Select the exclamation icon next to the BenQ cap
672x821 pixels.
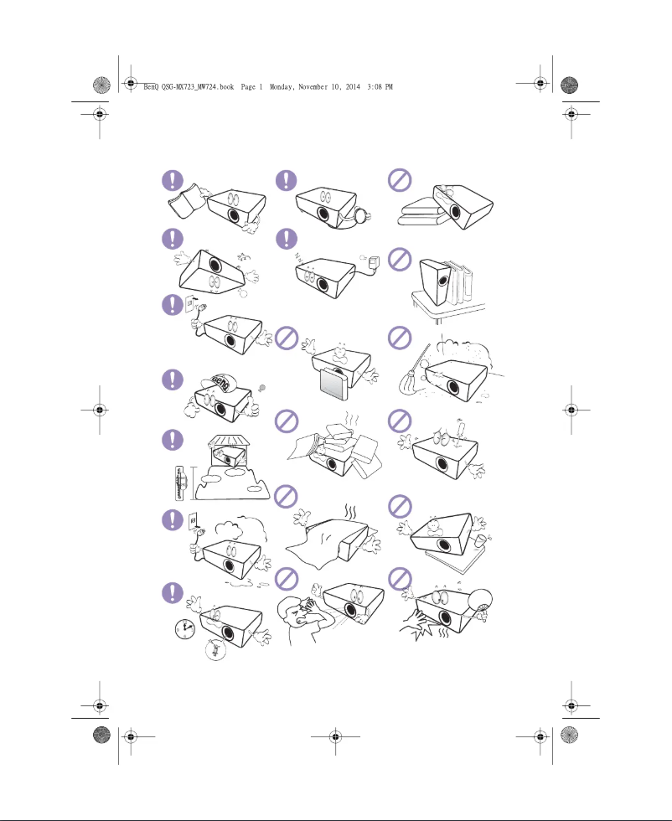173,379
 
